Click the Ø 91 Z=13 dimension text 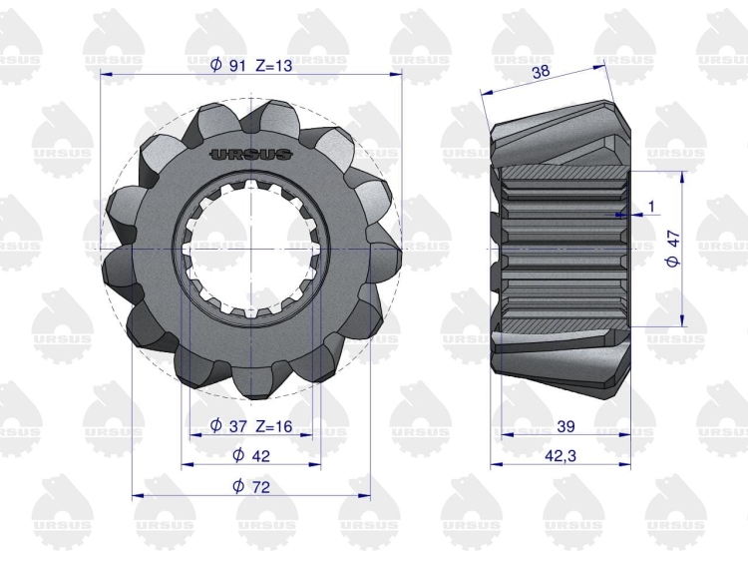251,65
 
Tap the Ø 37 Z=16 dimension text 251,425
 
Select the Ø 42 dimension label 251,455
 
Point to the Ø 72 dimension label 251,486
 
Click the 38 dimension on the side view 541,72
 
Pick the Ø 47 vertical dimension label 673,249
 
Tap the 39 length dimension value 565,426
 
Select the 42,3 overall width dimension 561,456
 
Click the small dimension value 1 652,207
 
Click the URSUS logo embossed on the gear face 251,154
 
